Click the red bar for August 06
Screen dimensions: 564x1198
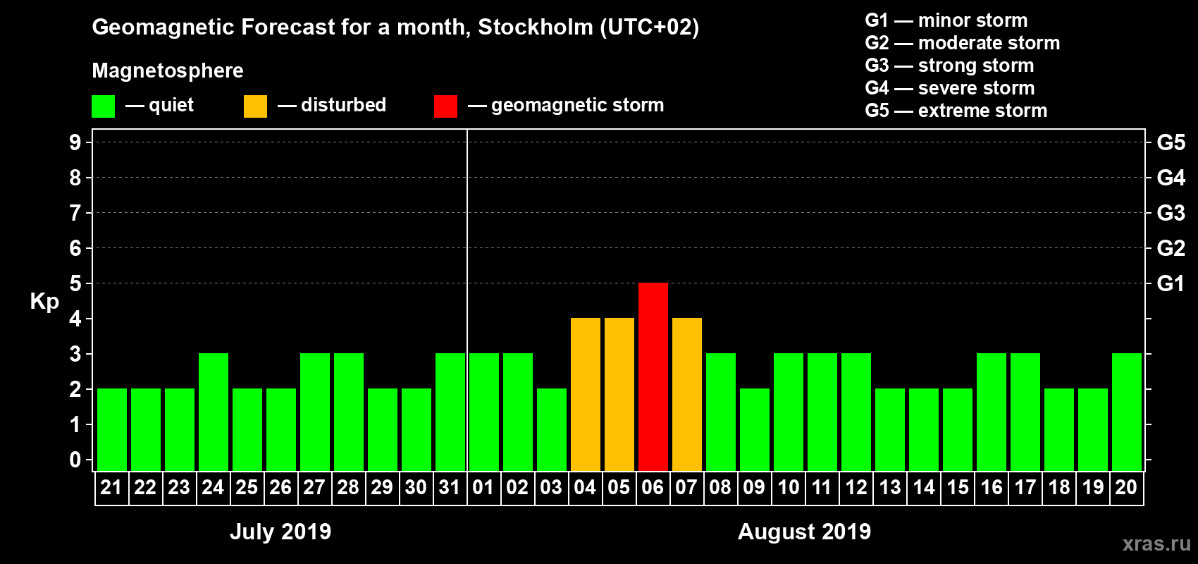(x=653, y=376)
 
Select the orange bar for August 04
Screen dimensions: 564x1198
(x=586, y=394)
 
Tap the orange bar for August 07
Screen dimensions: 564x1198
(x=687, y=394)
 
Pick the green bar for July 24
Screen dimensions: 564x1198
(x=214, y=412)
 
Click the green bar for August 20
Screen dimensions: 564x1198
(x=1127, y=412)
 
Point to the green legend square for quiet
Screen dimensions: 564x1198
(x=104, y=106)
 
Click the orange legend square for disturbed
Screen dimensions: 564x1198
(x=255, y=106)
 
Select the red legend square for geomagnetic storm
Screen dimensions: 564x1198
(x=445, y=106)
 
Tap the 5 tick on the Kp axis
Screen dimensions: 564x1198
(x=75, y=283)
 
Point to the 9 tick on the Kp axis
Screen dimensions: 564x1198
(x=75, y=142)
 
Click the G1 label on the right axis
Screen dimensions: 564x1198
(x=1171, y=283)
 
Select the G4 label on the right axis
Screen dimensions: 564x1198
(x=1171, y=178)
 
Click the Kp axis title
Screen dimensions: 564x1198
(x=44, y=302)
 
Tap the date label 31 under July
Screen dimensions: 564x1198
(x=450, y=487)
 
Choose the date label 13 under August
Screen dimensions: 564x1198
(x=889, y=487)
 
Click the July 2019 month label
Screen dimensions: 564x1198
(x=280, y=532)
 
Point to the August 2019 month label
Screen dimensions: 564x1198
(x=804, y=532)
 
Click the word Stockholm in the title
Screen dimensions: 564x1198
(x=536, y=27)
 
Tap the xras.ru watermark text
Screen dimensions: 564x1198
(x=1156, y=543)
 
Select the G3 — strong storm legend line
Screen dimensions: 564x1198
(x=949, y=66)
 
